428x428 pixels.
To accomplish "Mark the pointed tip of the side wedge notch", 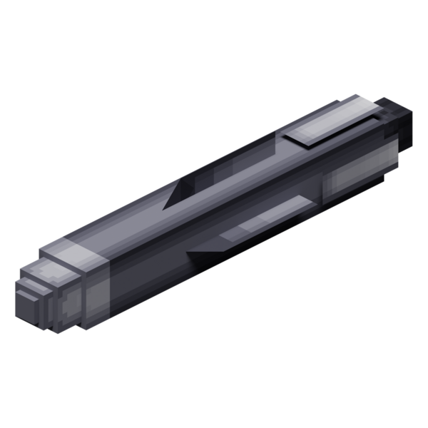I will click(186, 253).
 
